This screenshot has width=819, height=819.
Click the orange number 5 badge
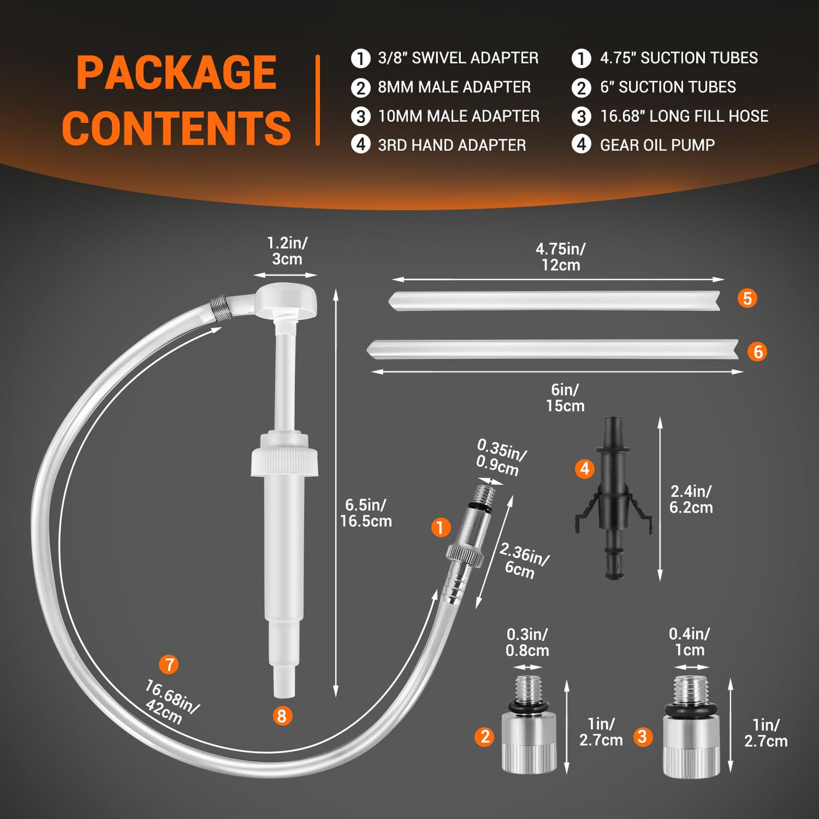(747, 298)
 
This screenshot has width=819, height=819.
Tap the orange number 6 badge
(758, 352)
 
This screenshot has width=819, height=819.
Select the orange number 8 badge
(282, 715)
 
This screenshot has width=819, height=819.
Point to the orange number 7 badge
(169, 665)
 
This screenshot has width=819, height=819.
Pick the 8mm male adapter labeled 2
(529, 724)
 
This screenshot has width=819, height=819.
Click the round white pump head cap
(288, 298)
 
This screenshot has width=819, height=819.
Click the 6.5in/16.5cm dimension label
(366, 513)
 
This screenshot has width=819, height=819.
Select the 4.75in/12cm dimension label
(560, 257)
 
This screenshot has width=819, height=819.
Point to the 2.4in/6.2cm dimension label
(691, 500)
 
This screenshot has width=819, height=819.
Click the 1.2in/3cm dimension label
(287, 251)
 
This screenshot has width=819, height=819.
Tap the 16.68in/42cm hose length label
(170, 701)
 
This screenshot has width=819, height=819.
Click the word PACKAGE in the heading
(177, 73)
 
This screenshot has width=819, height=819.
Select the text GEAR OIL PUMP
(657, 145)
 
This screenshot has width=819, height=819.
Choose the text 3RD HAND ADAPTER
(452, 145)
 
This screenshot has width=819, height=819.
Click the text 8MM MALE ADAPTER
(455, 87)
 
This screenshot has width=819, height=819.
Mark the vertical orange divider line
(318, 100)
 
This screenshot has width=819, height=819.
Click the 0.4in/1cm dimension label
(689, 642)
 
